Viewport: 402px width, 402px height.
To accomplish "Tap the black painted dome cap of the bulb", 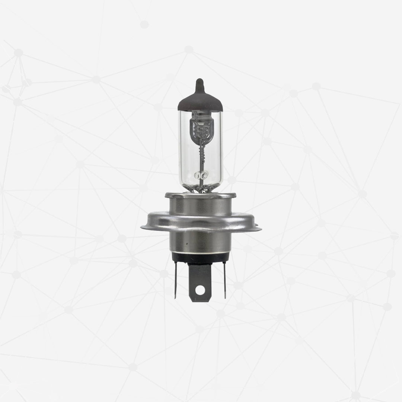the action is tap(200, 102).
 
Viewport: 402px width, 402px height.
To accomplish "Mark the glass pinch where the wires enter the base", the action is tap(201, 188).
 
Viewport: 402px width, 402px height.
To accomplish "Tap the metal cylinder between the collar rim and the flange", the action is tap(200, 207).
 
